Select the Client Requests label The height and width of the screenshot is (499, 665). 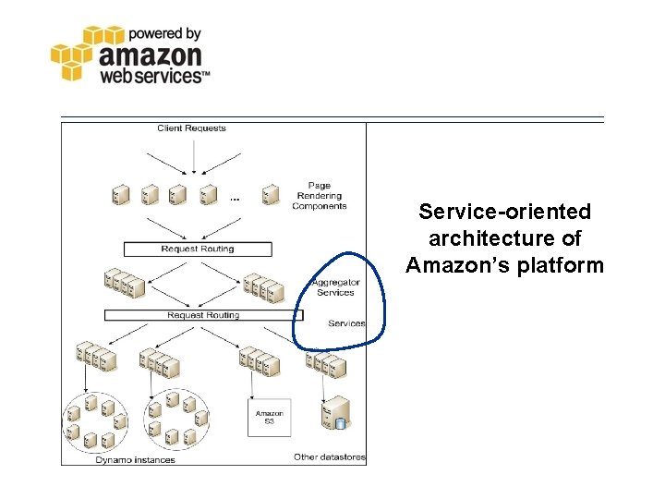pyautogui.click(x=191, y=128)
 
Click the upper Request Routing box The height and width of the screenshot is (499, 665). pyautogui.click(x=198, y=249)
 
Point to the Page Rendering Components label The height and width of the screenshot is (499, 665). pyautogui.click(x=319, y=196)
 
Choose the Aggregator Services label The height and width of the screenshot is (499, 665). pyautogui.click(x=335, y=287)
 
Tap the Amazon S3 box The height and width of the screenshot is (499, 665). pyautogui.click(x=270, y=418)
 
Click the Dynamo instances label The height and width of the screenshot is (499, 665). pyautogui.click(x=136, y=458)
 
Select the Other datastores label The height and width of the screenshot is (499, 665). pyautogui.click(x=330, y=456)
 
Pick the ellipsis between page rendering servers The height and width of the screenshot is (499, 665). pyautogui.click(x=235, y=198)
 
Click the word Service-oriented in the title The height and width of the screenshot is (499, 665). pyautogui.click(x=504, y=212)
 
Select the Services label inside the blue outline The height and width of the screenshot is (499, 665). pyautogui.click(x=346, y=323)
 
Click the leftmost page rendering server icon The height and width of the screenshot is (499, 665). pyautogui.click(x=120, y=195)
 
